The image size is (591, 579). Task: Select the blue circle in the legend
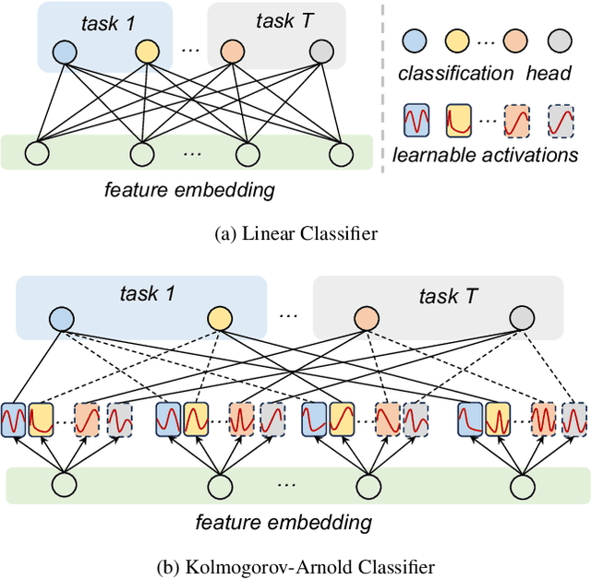[416, 41]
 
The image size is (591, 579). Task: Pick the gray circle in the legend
[562, 41]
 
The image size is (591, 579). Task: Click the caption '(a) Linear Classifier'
[295, 234]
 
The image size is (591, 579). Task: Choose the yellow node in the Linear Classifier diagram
[147, 52]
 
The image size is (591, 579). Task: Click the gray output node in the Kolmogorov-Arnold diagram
[523, 318]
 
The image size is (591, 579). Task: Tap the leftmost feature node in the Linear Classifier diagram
[38, 152]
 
